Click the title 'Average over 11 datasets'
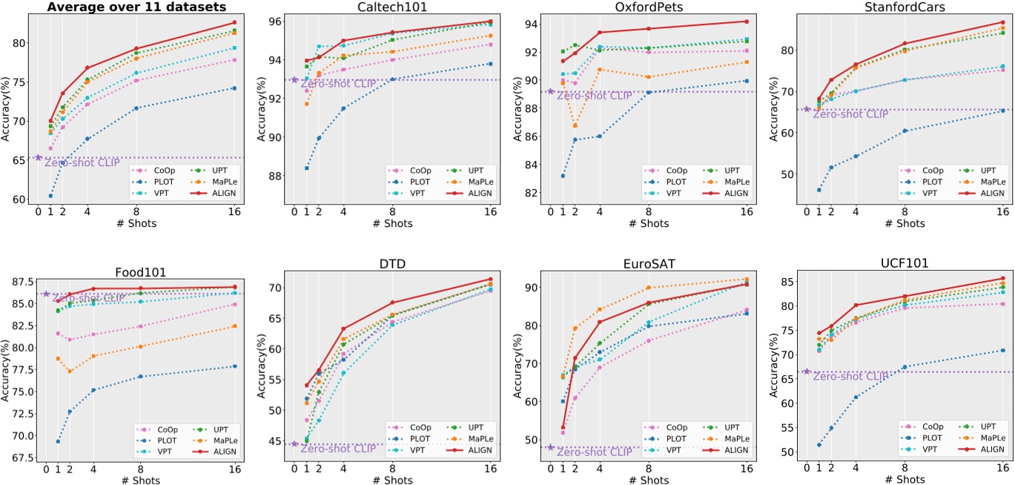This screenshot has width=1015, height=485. [x=137, y=7]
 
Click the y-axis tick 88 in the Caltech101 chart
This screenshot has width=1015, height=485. [x=280, y=176]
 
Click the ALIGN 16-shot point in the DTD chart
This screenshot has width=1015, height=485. [x=490, y=280]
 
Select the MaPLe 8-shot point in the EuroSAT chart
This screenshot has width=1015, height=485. [x=649, y=288]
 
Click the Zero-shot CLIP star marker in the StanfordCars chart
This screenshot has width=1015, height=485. [x=807, y=109]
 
